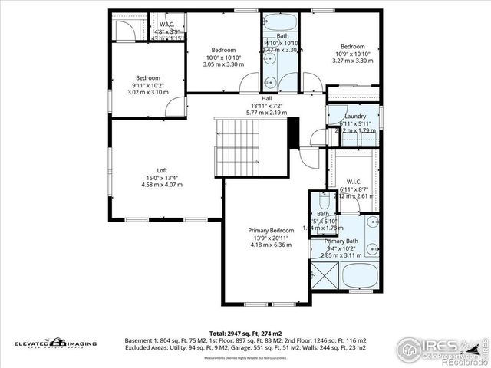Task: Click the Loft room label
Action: pyautogui.click(x=162, y=170)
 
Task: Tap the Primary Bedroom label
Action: pyautogui.click(x=271, y=231)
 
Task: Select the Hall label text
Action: pyautogui.click(x=266, y=99)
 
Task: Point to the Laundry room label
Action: pyautogui.click(x=355, y=115)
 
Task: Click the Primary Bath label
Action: pyautogui.click(x=341, y=241)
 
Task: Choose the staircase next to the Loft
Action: pyautogui.click(x=239, y=146)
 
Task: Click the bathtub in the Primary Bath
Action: pyautogui.click(x=359, y=276)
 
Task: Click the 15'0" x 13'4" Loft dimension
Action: pyautogui.click(x=162, y=178)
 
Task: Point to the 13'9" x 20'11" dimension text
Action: pyautogui.click(x=271, y=238)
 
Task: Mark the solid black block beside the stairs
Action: pyautogui.click(x=292, y=131)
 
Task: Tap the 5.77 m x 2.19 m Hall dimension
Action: pyautogui.click(x=266, y=113)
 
